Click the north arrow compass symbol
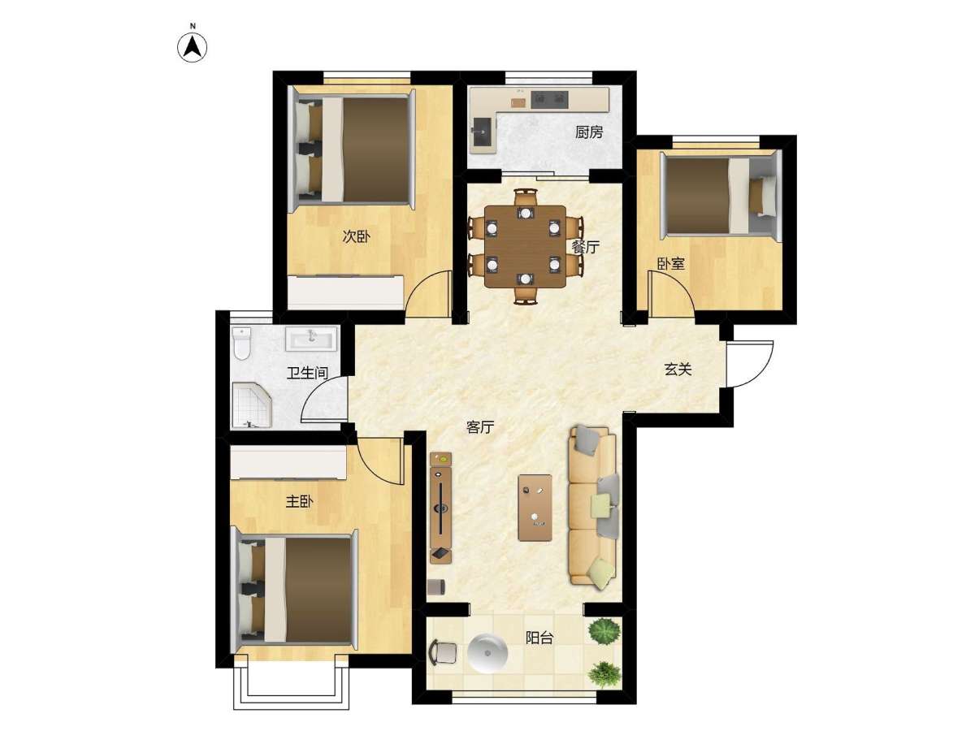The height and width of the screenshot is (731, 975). click(192, 47)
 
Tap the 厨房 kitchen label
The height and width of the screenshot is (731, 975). click(588, 132)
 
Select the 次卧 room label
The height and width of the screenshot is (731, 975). click(356, 236)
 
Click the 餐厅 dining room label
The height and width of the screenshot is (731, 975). click(586, 247)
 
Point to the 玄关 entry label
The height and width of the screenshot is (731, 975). click(678, 369)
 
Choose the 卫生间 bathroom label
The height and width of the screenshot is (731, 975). click(307, 373)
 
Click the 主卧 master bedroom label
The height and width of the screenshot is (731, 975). click(299, 501)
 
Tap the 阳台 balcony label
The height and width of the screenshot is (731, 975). click(539, 638)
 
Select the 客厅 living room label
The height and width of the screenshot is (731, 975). click(480, 427)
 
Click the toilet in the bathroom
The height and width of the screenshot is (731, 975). click(242, 343)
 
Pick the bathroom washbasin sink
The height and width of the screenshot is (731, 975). click(311, 339)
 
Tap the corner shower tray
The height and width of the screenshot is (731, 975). click(251, 404)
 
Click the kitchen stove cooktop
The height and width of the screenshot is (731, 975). click(550, 99)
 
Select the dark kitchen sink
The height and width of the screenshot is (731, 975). click(483, 132)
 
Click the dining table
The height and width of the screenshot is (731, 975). click(525, 247)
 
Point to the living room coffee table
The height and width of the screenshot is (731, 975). click(535, 508)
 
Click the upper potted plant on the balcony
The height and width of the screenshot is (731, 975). click(604, 631)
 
